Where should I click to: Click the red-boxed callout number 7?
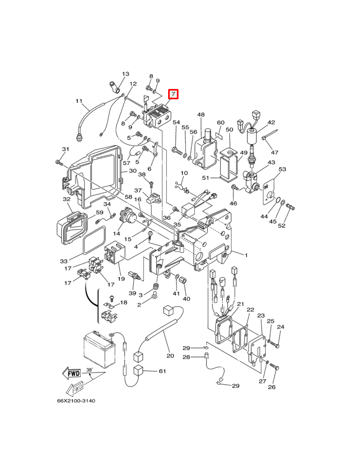(173, 95)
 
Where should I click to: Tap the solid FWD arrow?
(71, 373)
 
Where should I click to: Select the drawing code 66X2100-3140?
(76, 401)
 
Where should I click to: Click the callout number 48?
(201, 115)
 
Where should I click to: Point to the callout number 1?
(246, 255)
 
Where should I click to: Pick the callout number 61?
(163, 371)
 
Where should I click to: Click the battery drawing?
(98, 349)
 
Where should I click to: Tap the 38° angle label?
(89, 369)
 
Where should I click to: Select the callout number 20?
(170, 355)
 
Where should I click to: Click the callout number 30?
(133, 171)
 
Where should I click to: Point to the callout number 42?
(271, 122)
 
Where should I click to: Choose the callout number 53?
(282, 169)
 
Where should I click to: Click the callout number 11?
(79, 101)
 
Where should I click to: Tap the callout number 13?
(125, 74)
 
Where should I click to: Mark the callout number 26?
(272, 387)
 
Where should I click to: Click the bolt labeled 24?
(275, 344)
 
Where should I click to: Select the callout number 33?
(64, 261)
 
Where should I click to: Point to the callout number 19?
(121, 278)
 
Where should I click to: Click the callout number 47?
(275, 152)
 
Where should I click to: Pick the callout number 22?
(250, 310)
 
